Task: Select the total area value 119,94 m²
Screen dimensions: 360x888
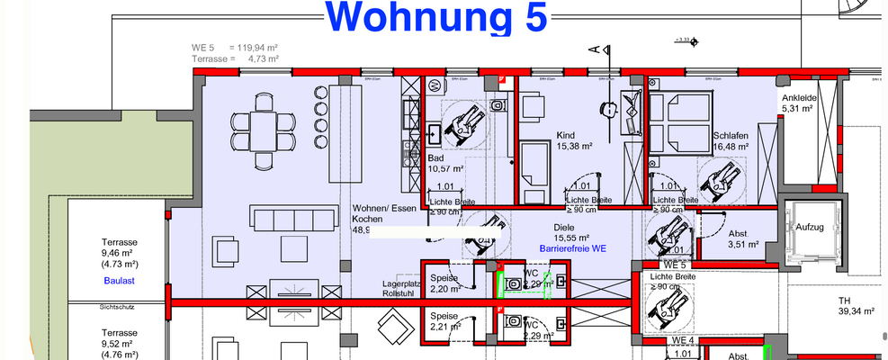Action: [255, 47]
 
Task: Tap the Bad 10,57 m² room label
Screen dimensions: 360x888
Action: [446, 162]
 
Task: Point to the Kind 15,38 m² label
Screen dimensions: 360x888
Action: [573, 139]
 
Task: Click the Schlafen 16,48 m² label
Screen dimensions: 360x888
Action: [730, 141]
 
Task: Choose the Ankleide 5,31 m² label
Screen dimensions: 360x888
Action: [798, 103]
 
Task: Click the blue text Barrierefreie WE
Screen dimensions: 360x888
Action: [572, 247]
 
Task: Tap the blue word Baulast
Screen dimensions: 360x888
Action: [118, 281]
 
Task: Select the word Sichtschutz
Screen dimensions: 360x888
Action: [117, 307]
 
